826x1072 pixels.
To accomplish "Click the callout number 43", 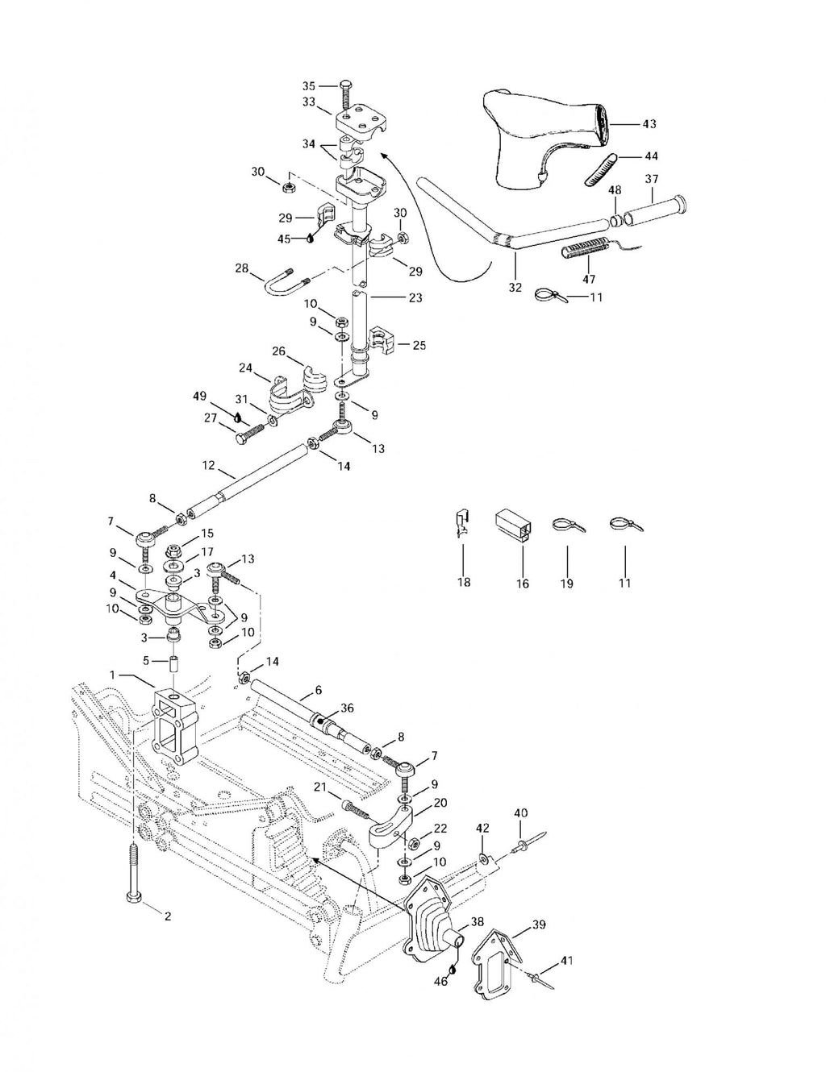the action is pyautogui.click(x=649, y=124).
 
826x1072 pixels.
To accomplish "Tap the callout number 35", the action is pyautogui.click(x=309, y=85).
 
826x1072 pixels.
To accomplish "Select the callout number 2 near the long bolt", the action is pyautogui.click(x=168, y=916).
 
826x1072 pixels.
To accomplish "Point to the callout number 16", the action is pyautogui.click(x=523, y=584).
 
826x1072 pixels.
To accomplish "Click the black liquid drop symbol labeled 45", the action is pyautogui.click(x=310, y=238).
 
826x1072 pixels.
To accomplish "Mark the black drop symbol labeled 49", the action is pyautogui.click(x=238, y=418).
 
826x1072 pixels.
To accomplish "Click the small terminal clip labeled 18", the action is pyautogui.click(x=463, y=525).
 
